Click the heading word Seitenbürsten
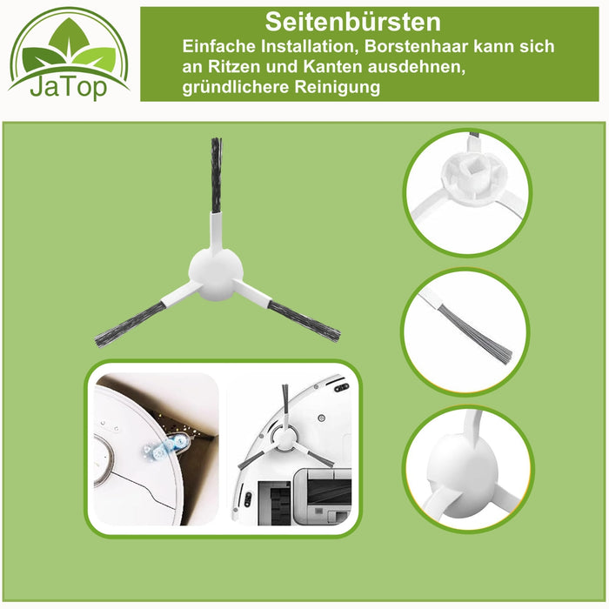353,21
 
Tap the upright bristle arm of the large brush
216,178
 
